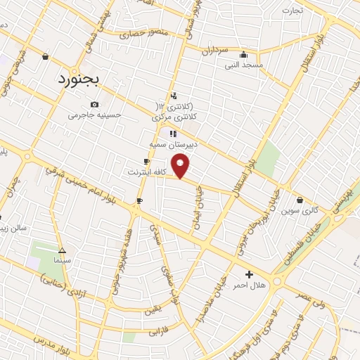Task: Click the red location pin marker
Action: [181, 165]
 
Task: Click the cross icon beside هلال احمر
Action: [248, 274]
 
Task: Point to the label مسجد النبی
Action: [243, 65]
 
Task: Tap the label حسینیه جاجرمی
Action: [95, 115]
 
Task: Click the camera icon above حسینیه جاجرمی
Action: [95, 104]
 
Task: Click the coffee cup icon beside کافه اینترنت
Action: [146, 162]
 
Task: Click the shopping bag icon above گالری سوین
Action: [300, 200]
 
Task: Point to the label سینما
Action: [62, 260]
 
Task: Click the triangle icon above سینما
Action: [62, 250]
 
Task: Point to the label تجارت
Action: [292, 11]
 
